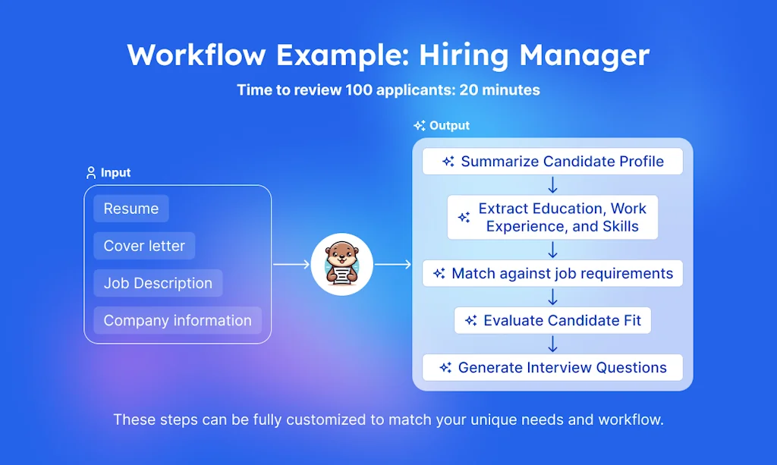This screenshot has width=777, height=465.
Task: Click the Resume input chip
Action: coord(131,209)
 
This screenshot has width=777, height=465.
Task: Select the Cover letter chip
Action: coord(144,246)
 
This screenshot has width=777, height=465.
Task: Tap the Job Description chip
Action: coord(158,283)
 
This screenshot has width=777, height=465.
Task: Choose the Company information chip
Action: coord(178,320)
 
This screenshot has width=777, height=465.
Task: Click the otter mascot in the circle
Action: coord(342,264)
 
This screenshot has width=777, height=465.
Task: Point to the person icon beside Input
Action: coord(91,173)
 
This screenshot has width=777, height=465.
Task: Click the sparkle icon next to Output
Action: coord(419,126)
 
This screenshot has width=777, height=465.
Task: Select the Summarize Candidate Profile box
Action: coord(552,162)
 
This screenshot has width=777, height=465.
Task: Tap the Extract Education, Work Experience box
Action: coord(552,218)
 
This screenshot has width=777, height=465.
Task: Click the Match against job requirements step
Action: coord(552,273)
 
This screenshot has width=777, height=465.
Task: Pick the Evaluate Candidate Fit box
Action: coord(552,320)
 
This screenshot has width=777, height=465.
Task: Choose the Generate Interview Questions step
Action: coord(552,367)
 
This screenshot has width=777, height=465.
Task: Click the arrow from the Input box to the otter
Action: coord(291,265)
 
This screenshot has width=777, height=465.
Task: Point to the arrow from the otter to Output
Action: coord(393,265)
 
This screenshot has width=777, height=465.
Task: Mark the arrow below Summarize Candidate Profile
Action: coord(552,185)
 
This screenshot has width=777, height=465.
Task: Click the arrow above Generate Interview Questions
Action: coord(552,344)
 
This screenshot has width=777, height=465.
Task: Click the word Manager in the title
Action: coord(584,55)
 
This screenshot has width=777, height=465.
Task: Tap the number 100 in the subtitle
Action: coord(359,90)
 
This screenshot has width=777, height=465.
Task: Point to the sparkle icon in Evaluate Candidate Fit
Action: coord(470,320)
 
